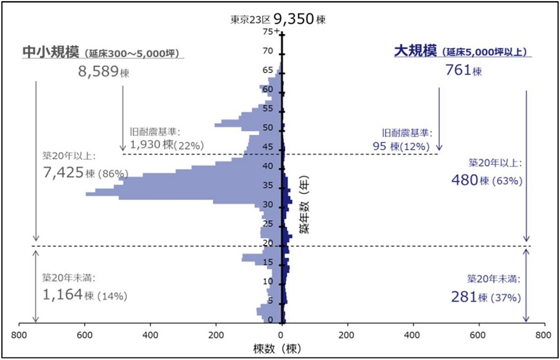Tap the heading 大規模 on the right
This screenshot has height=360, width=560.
pos(416,51)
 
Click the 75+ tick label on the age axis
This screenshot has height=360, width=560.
pos(269,32)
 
